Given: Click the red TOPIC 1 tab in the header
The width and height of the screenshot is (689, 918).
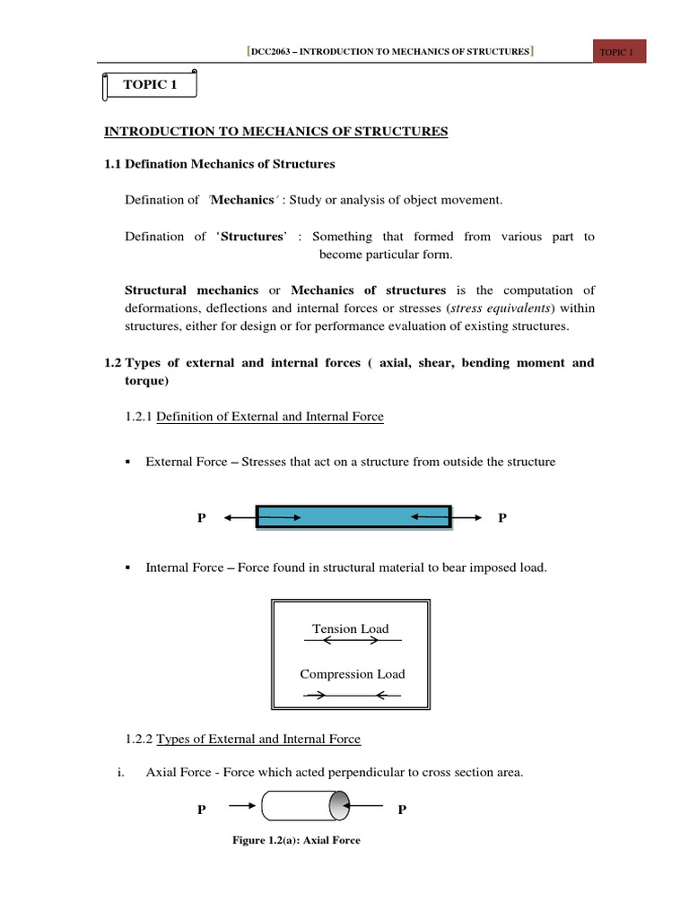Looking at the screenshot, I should point(619,52).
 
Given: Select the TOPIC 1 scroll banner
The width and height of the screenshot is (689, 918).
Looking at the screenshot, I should point(147,86).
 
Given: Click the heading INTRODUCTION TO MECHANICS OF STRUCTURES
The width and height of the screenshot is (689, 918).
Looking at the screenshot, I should point(275,132).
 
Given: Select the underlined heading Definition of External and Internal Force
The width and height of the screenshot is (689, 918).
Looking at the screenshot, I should point(265,416).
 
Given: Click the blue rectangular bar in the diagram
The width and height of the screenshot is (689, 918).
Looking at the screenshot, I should point(353,517).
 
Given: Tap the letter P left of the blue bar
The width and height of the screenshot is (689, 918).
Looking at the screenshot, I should point(201,518).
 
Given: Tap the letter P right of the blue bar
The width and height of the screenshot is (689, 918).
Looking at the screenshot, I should point(501,518).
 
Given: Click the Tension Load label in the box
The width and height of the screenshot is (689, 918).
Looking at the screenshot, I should point(351,628).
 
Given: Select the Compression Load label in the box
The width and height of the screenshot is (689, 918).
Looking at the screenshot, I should point(353,674).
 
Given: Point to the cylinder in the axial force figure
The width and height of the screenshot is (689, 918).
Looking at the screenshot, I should point(305,805).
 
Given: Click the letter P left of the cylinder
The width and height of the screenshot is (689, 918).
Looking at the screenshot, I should point(202,810).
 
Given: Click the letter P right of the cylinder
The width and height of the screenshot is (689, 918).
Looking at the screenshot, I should point(402,810).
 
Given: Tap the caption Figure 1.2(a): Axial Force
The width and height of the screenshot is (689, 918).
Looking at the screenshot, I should point(296,841).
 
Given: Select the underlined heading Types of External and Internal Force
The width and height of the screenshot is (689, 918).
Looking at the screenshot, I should point(258,740).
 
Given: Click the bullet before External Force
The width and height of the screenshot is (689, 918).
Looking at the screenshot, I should point(128,462).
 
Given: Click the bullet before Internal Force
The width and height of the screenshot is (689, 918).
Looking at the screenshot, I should point(128,568).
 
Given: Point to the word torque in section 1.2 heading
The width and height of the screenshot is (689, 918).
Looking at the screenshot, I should point(144,380).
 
